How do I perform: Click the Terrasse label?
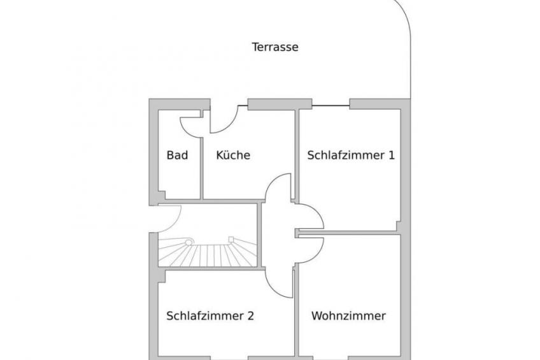[275, 47]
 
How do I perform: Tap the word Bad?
[177, 155]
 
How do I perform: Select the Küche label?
[233, 155]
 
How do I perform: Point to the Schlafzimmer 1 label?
[351, 155]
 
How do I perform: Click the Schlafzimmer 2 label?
[210, 315]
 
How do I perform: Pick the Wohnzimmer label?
[348, 315]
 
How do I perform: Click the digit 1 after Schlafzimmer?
[391, 155]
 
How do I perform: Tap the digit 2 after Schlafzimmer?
[250, 315]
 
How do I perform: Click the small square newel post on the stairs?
[231, 239]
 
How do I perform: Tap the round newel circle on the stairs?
[188, 242]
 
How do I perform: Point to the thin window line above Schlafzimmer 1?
[330, 105]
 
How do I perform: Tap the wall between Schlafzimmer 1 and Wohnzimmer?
[348, 233]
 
